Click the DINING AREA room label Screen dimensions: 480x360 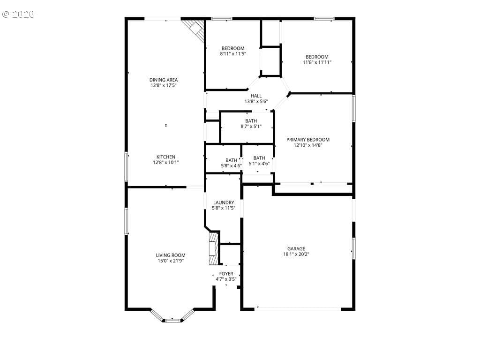164,80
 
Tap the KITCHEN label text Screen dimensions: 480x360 166,157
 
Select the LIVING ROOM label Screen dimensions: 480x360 171,255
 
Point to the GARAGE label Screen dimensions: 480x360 296,249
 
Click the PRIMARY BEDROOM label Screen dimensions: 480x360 308,140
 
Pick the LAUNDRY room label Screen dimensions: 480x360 224,202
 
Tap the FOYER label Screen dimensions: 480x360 226,274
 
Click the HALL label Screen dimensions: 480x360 256,96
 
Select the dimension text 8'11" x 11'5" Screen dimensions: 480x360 233,54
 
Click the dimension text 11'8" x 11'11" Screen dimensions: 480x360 317,62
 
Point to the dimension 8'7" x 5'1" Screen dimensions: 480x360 251,126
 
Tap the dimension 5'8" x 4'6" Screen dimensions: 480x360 232,165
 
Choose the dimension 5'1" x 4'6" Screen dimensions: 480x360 259,164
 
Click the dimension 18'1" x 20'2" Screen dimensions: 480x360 296,254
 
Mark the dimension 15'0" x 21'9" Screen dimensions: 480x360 171,261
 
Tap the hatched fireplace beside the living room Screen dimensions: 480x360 213,248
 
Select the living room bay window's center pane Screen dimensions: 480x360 172,320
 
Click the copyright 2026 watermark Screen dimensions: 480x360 18,15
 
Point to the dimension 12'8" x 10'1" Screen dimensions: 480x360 166,163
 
